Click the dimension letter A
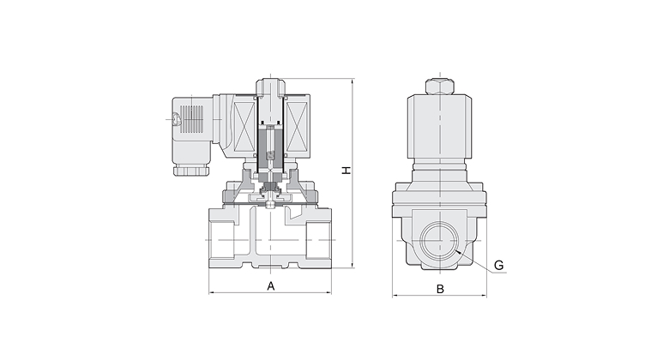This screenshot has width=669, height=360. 270,285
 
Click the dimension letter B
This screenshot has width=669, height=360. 440,289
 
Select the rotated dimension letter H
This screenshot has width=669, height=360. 347,170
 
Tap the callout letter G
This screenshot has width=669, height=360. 499,266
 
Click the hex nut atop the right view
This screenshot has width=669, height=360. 440,87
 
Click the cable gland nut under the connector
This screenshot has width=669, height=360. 191,170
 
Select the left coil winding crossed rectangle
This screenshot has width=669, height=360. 244,127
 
